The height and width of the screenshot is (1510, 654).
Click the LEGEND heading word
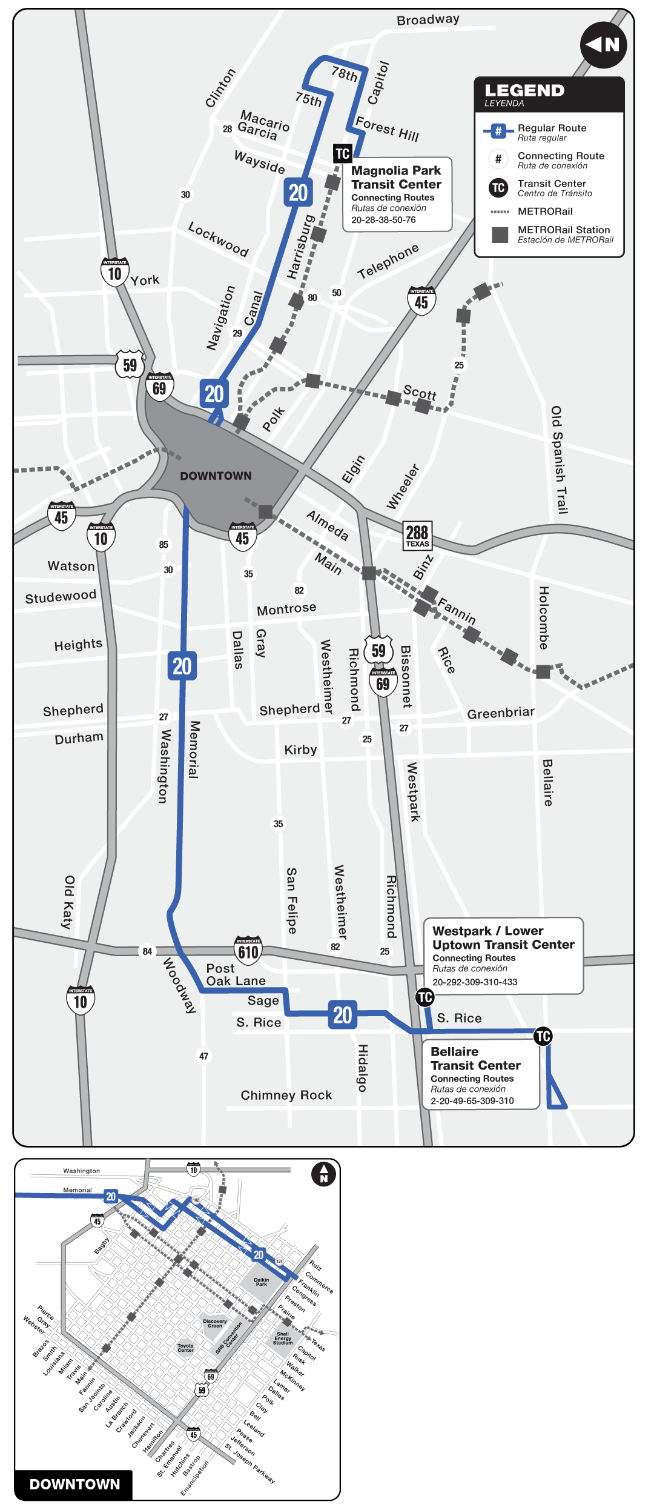[x=524, y=91]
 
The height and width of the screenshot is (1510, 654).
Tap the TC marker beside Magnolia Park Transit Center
[x=343, y=153]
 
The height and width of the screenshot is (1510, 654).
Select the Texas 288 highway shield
[x=417, y=535]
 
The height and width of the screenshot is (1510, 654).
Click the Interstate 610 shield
[x=248, y=951]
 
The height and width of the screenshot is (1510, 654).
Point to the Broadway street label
[x=428, y=19]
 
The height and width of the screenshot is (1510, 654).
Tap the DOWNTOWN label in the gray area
[x=216, y=476]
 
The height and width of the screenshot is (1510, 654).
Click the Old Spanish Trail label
[x=559, y=460]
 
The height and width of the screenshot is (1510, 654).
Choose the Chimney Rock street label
[x=286, y=1095]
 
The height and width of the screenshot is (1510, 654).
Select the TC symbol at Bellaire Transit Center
[x=543, y=1036]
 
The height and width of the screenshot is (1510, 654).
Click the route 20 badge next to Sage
[x=343, y=1014]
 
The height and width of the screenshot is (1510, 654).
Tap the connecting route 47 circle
[x=204, y=1056]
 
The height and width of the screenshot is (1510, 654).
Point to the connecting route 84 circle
[x=147, y=951]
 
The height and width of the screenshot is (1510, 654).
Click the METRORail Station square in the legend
[x=500, y=234]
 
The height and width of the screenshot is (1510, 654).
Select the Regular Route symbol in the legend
[x=498, y=131]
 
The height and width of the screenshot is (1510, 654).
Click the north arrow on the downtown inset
[x=323, y=1174]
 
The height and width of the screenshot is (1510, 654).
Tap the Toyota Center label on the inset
[x=186, y=1348]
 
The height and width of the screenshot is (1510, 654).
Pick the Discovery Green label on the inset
[x=215, y=1323]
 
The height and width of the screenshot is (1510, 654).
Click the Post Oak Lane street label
[x=236, y=975]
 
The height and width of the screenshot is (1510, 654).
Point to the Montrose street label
[x=286, y=608]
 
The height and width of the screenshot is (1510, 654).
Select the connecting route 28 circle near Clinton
[x=227, y=129]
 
